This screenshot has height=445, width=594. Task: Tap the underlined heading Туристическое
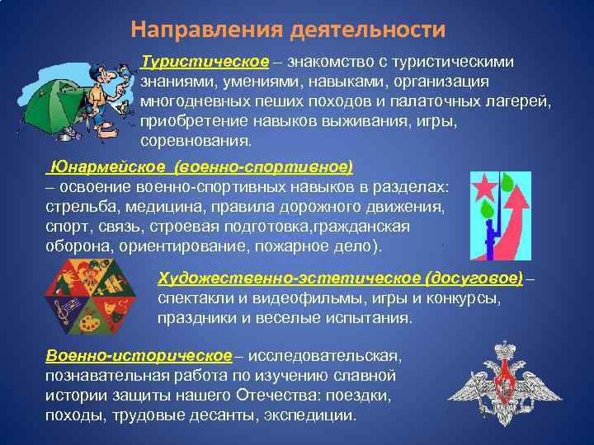205,63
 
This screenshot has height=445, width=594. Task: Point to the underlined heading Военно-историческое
139,356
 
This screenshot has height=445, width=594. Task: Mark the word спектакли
192,298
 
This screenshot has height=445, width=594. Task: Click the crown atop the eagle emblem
502,351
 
